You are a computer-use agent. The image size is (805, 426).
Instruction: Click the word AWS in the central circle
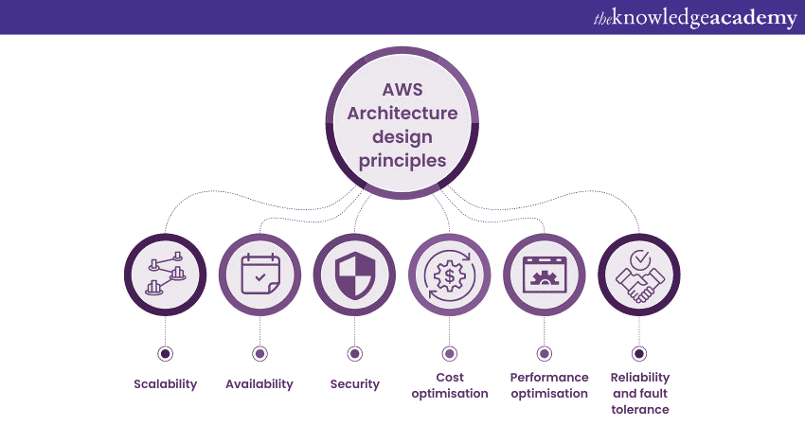402,92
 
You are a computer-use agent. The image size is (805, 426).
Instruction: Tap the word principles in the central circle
402,161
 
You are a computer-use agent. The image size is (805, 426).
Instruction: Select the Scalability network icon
165,274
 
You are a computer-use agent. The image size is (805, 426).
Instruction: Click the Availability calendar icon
259,274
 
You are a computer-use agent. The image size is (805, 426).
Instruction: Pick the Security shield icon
354,274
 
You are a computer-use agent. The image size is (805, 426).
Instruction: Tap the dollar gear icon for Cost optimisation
450,274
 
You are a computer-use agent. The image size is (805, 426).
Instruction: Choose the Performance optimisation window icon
544,274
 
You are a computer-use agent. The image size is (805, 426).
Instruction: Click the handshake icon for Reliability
638,274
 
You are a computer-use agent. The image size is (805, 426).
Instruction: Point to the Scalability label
165,384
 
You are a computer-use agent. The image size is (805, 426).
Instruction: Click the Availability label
259,384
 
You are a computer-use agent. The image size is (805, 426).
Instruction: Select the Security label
354,384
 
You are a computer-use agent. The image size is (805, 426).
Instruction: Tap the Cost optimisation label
450,385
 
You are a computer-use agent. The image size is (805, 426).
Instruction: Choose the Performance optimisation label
549,385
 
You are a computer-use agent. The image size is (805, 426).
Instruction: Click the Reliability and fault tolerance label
639,393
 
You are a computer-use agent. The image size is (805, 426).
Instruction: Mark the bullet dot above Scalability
165,354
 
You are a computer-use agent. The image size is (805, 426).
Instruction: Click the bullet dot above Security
354,354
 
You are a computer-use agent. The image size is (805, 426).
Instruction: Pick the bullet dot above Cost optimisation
450,354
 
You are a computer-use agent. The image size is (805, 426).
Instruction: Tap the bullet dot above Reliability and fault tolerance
638,354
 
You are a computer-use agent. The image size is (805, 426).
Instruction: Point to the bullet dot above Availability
259,354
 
